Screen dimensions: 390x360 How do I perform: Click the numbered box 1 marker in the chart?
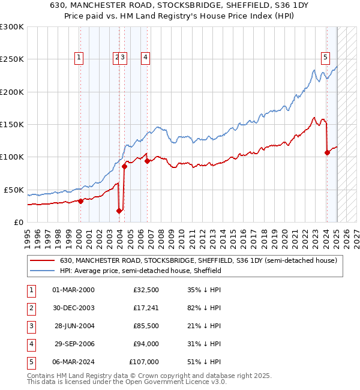pos(79,58)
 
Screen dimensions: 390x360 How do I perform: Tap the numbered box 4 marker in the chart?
pos(145,58)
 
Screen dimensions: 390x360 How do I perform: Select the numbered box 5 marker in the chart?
pos(325,58)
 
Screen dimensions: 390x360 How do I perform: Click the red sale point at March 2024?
pos(327,152)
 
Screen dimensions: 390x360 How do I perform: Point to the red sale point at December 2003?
pos(119,211)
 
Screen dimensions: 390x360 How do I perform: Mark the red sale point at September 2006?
pos(147,161)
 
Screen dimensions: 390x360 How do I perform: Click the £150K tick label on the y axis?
pos(12,124)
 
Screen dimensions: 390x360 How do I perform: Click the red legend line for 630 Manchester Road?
pos(42,260)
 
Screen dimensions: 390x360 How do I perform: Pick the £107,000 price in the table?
pos(143,362)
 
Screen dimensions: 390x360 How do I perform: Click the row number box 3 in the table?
pos(30,326)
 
